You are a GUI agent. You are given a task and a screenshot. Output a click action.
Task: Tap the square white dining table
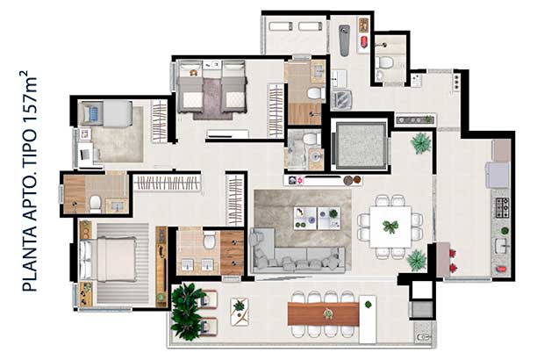390,227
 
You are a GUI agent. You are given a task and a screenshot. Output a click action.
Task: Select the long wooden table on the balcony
323,313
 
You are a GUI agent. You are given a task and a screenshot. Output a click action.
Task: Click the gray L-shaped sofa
295,256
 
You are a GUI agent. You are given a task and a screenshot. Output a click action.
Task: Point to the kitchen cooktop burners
502,208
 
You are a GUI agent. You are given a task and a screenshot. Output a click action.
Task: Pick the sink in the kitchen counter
502,246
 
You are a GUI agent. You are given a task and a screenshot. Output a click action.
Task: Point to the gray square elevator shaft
361,146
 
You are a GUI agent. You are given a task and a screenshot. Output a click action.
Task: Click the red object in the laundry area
364,41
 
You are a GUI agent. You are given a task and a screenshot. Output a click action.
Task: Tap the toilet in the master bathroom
209,240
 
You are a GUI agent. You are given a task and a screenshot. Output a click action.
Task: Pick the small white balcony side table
240,312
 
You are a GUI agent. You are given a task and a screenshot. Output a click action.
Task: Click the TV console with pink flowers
323,180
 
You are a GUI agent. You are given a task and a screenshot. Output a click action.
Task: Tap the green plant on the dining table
390,227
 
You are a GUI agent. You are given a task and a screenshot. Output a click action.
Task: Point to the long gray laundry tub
344,40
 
